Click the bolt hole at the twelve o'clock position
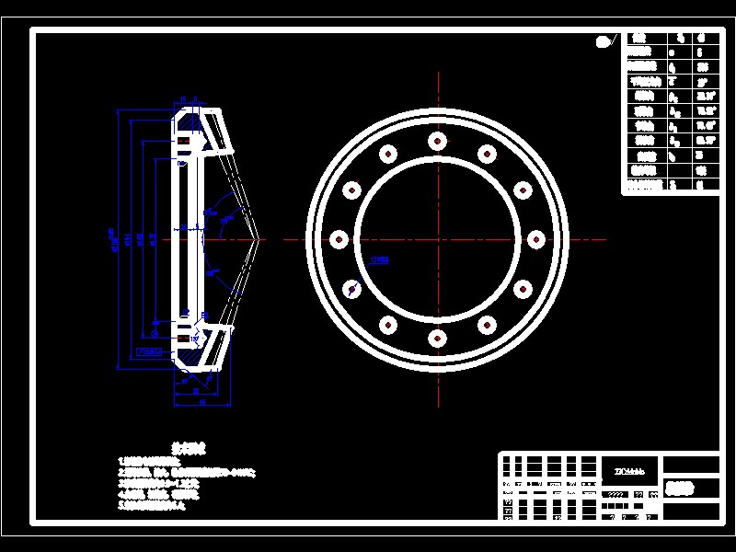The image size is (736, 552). click(437, 141)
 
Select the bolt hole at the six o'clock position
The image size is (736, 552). click(437, 339)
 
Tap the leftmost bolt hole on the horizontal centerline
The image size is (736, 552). click(338, 239)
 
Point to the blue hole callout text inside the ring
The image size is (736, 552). click(379, 260)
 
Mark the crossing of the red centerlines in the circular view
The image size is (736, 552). click(437, 239)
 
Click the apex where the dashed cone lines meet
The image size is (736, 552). click(262, 239)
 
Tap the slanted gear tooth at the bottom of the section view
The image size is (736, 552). click(221, 349)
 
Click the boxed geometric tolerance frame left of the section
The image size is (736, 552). click(148, 351)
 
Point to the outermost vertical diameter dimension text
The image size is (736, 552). click(111, 239)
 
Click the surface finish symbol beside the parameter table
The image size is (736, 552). click(604, 40)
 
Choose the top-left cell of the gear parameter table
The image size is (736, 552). click(641, 38)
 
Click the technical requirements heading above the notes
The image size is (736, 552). click(189, 448)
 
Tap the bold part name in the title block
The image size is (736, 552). click(680, 489)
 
